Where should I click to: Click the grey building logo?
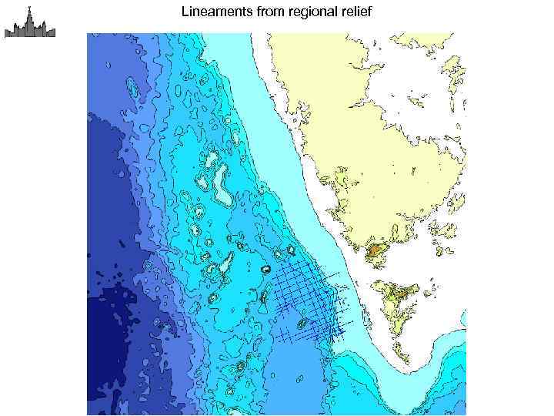[x=29, y=23]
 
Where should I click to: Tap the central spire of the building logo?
[x=29, y=12]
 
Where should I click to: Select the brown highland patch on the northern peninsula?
[x=376, y=250]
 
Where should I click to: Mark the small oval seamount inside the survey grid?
[x=302, y=323]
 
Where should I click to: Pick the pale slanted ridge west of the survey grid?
[x=226, y=266]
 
